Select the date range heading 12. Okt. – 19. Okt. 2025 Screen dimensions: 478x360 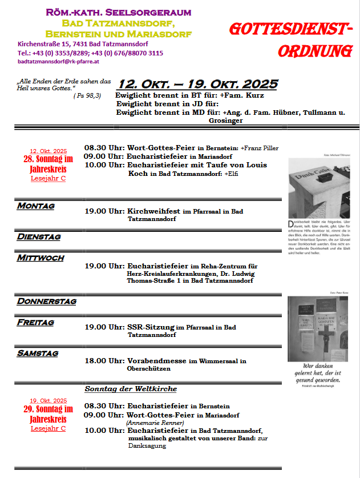click(x=197, y=85)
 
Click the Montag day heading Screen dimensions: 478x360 click(x=36, y=206)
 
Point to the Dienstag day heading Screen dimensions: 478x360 click(x=39, y=236)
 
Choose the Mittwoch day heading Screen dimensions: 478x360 click(x=41, y=258)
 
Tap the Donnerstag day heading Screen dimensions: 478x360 click(x=47, y=301)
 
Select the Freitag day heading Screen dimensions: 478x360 click(x=35, y=322)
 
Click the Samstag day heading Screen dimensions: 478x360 click(x=38, y=354)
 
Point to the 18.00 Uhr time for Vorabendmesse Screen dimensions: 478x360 click(x=104, y=361)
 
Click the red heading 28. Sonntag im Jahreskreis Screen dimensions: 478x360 click(x=48, y=164)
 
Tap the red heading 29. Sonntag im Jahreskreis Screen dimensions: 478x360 click(x=48, y=413)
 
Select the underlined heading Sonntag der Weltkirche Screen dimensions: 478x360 click(x=131, y=389)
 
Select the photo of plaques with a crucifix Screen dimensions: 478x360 click(x=318, y=327)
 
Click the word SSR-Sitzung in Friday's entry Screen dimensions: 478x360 click(x=150, y=327)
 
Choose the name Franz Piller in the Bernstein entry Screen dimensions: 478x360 click(x=261, y=148)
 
